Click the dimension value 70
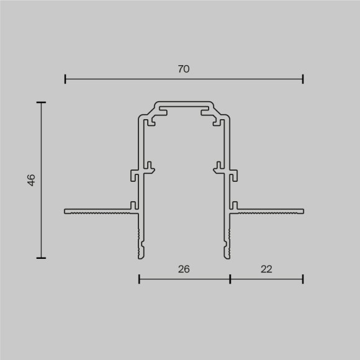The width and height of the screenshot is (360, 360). [x=184, y=70]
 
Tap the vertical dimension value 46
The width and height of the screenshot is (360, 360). [x=32, y=180]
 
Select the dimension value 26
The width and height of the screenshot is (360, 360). [x=184, y=269]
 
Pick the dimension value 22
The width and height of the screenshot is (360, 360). [x=266, y=269]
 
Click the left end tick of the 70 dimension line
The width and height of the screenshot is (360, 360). [x=65, y=79]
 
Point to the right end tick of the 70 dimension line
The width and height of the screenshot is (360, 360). [x=303, y=79]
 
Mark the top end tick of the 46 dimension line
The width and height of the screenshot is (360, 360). [x=42, y=102]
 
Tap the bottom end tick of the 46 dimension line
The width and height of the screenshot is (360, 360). [x=42, y=257]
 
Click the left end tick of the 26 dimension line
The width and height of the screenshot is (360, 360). [x=139, y=279]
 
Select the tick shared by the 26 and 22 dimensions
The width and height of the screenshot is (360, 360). [x=230, y=279]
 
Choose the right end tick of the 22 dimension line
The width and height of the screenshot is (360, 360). [x=303, y=279]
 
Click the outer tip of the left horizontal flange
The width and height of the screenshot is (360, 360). [x=66, y=211]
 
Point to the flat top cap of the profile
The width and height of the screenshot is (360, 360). [x=184, y=102]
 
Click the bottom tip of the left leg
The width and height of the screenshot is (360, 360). [x=139, y=255]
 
